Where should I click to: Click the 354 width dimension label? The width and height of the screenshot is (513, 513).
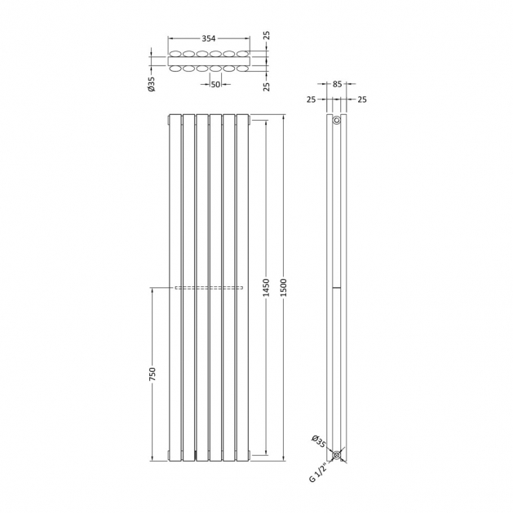(209, 38)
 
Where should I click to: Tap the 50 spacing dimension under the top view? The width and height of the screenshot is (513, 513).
(215, 84)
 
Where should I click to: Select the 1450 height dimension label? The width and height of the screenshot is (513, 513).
(266, 288)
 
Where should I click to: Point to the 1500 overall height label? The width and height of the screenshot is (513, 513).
(283, 288)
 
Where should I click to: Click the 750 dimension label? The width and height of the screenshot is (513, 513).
(153, 374)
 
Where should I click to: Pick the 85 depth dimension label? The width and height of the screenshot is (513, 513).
(337, 84)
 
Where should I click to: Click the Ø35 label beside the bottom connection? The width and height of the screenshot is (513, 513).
(318, 441)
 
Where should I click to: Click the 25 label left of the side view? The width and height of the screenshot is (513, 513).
(311, 100)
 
